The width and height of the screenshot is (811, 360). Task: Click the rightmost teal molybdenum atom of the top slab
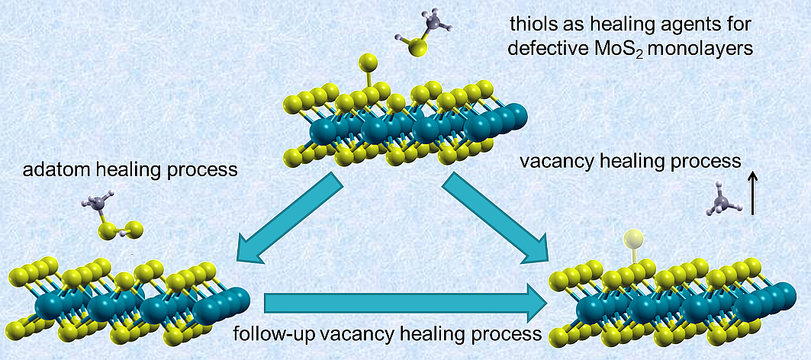(516, 118)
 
